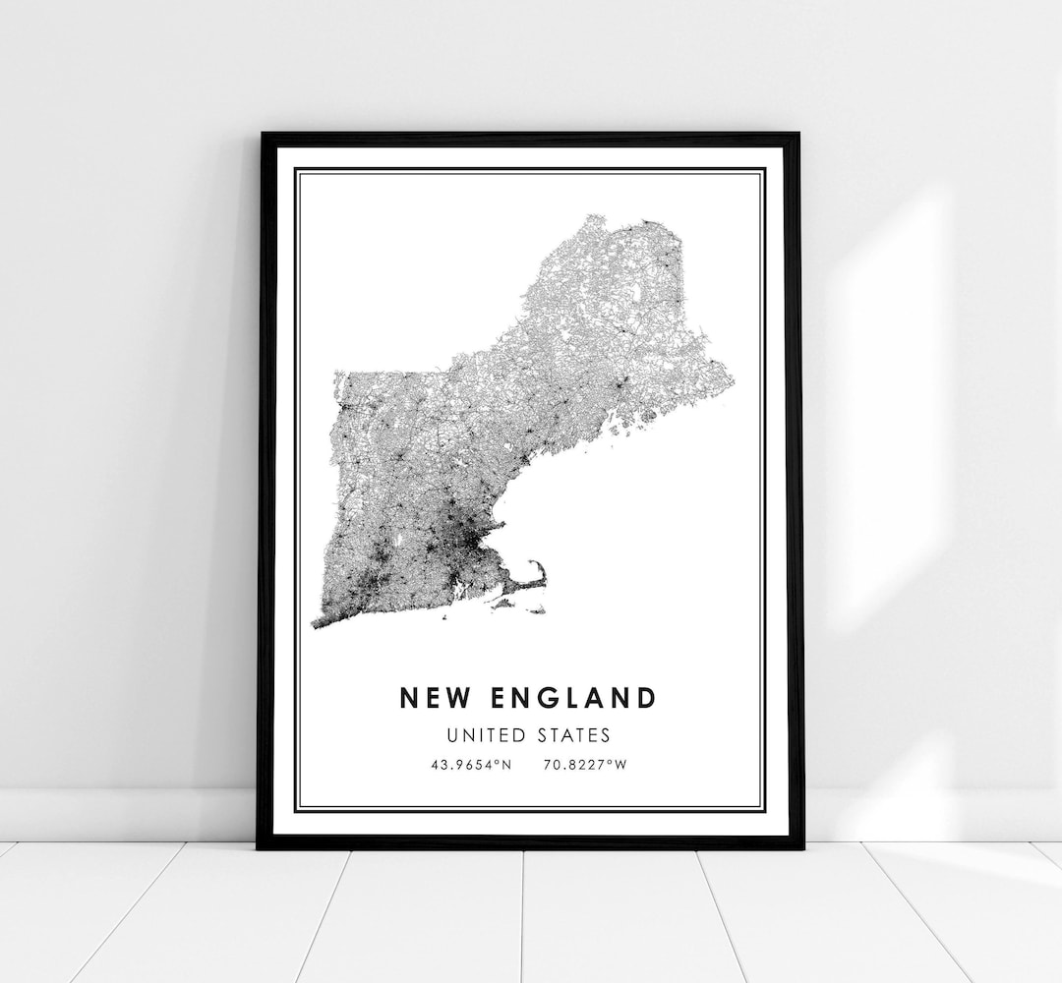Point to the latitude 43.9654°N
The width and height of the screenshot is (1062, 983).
tap(471, 763)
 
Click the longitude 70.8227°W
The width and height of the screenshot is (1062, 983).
tap(584, 763)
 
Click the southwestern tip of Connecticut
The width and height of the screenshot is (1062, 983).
tap(315, 625)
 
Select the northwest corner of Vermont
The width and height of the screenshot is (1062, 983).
tap(337, 375)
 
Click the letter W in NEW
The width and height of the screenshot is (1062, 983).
tap(449, 698)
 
